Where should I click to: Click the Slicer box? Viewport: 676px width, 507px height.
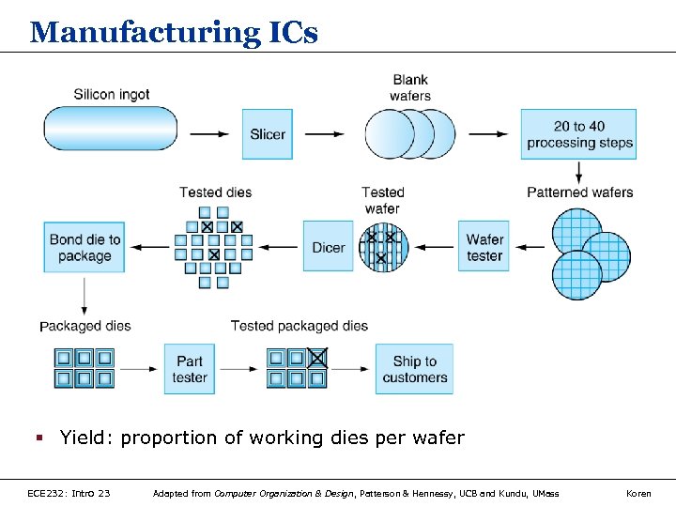tap(268, 134)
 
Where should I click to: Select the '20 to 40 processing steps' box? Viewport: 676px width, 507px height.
tap(579, 134)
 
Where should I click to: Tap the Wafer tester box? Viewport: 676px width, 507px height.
tap(484, 247)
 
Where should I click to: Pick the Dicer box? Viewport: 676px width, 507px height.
tap(329, 247)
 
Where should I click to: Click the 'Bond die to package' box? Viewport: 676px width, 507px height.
tap(84, 247)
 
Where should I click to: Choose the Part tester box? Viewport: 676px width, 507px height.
tap(190, 368)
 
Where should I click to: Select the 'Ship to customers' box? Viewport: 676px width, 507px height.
tap(414, 368)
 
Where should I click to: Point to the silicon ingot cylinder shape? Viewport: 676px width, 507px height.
tap(111, 129)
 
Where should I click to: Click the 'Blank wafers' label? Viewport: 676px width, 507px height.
tap(410, 87)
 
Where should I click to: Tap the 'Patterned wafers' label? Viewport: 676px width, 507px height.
tap(579, 192)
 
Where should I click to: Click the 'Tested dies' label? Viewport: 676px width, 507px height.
tap(216, 192)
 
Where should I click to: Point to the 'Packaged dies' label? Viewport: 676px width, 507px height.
tap(85, 326)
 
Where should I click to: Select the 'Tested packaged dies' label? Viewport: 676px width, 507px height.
tap(300, 326)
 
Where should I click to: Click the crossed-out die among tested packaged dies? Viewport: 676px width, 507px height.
tap(318, 358)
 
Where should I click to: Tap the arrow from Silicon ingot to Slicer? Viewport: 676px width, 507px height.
tap(209, 134)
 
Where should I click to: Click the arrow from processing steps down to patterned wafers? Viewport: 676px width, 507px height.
tap(579, 172)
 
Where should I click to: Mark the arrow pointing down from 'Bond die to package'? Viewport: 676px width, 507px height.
tap(84, 296)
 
